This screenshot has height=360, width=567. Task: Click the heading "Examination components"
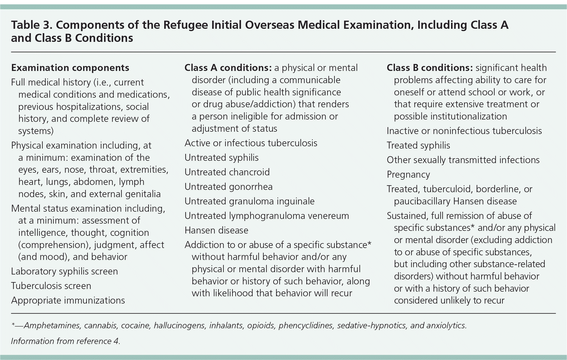tap(70, 68)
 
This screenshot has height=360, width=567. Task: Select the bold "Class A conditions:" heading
tap(228, 68)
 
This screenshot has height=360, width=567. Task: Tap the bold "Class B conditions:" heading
tap(430, 68)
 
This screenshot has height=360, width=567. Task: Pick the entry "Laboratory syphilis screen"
tap(65, 271)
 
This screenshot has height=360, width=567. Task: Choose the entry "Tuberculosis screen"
tap(51, 286)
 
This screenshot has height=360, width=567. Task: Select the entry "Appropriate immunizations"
tap(68, 300)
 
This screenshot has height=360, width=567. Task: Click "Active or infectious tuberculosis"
tap(251, 143)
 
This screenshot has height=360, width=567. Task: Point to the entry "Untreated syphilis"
tap(221, 158)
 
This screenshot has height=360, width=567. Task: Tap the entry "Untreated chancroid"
tap(227, 172)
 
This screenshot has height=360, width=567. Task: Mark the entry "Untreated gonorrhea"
tap(228, 187)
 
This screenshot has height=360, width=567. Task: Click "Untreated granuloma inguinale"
tap(249, 201)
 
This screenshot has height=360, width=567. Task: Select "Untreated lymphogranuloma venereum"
tap(266, 216)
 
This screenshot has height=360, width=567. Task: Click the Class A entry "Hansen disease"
tap(216, 230)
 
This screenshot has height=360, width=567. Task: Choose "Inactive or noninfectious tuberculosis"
tap(464, 131)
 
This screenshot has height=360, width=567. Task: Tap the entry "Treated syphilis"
tap(418, 145)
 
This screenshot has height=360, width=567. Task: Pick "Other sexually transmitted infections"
tap(463, 160)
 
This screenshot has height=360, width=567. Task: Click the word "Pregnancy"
tap(408, 174)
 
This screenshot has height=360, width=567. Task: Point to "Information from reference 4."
tap(66, 341)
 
